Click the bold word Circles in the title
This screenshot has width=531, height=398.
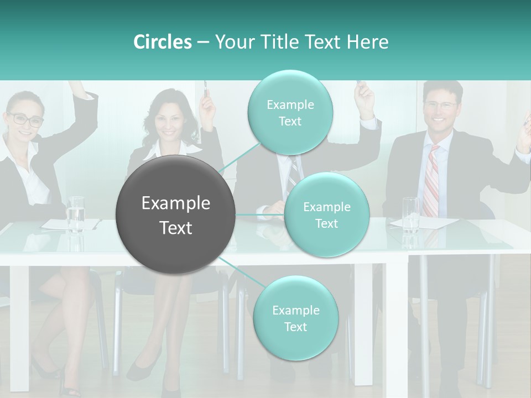[x=162, y=42]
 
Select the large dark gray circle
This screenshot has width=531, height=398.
[x=176, y=214]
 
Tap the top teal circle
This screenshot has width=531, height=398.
[x=290, y=113]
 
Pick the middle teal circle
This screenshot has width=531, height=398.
[x=326, y=215]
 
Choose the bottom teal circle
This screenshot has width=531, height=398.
[x=295, y=318]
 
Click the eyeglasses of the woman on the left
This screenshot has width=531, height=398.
[x=25, y=119]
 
